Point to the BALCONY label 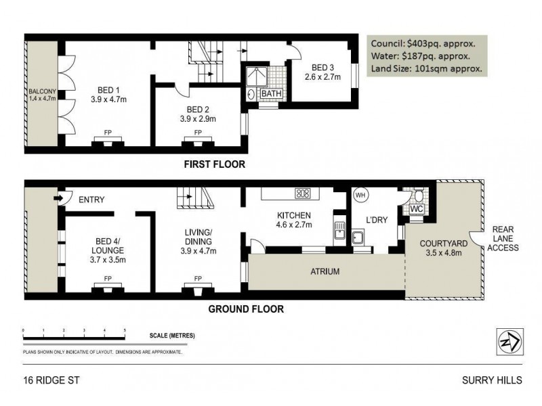click(x=42, y=95)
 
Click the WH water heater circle click(x=360, y=196)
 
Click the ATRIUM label click(x=326, y=271)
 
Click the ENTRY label click(x=91, y=199)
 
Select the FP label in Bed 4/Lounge click(x=108, y=278)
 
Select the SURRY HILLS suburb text click(x=493, y=380)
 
